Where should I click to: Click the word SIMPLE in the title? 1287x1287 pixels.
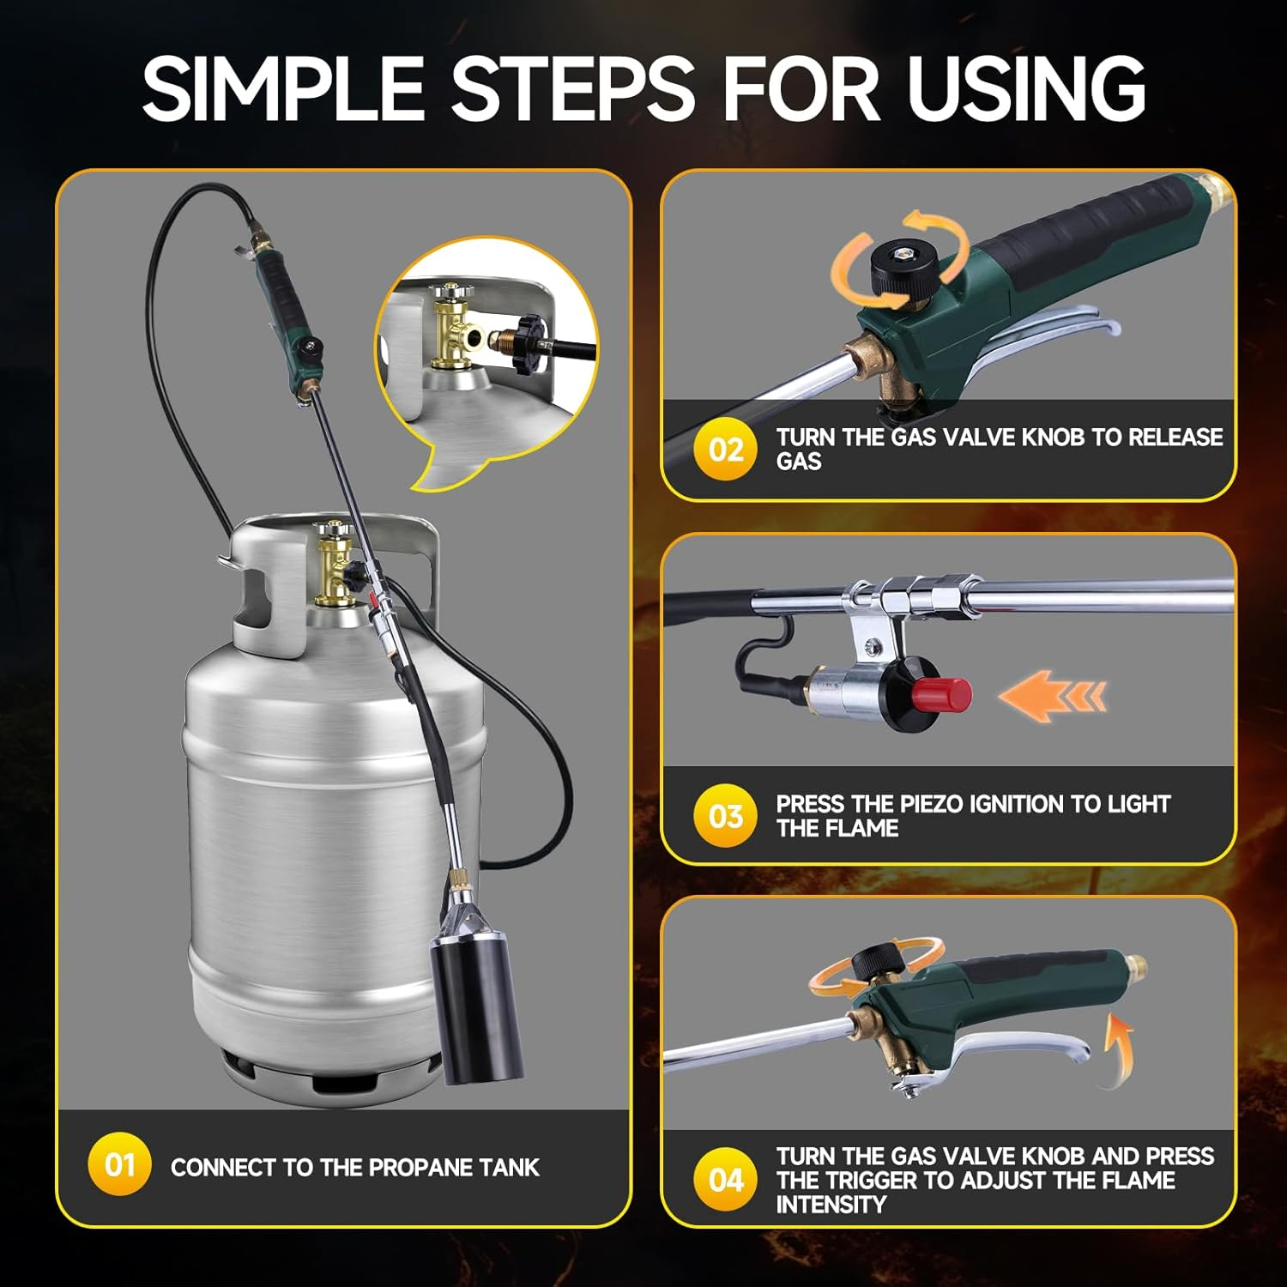pos(282,88)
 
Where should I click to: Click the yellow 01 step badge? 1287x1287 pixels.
pos(119,1164)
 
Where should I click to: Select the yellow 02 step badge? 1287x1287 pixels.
pos(726,450)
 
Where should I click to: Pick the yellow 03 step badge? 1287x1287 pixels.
pos(726,815)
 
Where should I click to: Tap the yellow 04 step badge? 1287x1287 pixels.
pos(726,1180)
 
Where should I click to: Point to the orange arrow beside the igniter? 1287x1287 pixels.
pos(1051,695)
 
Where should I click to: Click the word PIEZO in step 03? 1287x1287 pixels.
pos(930,804)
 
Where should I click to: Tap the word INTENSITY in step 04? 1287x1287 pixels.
pos(830,1205)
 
